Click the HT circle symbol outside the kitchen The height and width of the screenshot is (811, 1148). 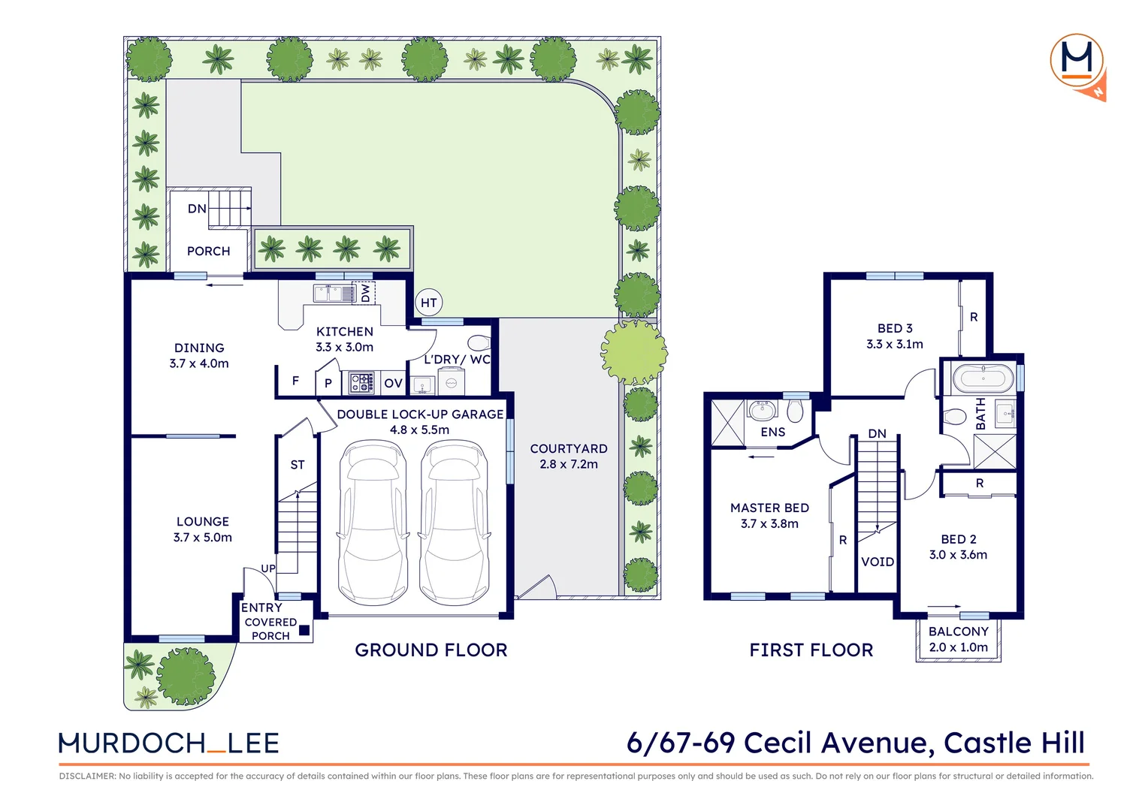(428, 303)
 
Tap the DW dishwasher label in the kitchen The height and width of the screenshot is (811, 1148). (366, 292)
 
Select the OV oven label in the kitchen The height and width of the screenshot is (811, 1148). (393, 383)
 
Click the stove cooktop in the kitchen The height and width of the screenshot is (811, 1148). (361, 383)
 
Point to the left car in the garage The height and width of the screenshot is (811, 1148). (373, 523)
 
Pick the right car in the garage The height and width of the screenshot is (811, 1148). (453, 523)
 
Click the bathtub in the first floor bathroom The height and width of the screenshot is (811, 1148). (983, 378)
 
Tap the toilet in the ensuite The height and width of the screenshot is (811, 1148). (795, 411)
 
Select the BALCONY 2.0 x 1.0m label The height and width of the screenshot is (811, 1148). (958, 639)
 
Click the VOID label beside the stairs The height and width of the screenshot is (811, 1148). (877, 562)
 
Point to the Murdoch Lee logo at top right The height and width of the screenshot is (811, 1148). (1078, 64)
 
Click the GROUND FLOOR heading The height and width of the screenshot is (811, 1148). (430, 650)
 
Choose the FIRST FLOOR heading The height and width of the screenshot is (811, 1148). (811, 650)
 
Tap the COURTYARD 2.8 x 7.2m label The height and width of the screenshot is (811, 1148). (568, 456)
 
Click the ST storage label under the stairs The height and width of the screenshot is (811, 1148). (298, 465)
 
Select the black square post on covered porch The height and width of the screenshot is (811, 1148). (304, 631)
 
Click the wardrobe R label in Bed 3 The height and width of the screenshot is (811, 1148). (974, 317)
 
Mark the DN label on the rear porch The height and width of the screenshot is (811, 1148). (197, 209)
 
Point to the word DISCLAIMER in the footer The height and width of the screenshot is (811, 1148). (87, 776)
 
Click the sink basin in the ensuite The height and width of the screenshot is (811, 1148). (763, 410)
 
